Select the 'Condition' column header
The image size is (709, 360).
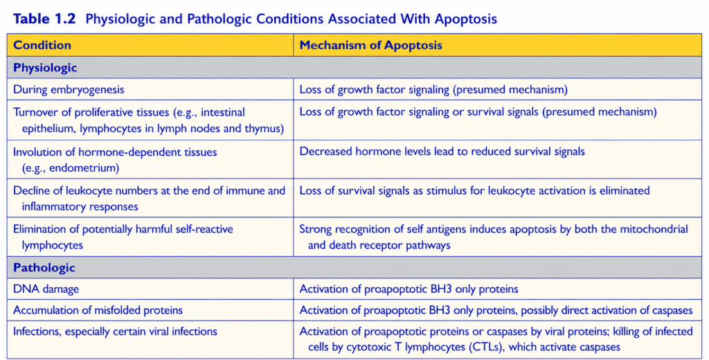pyautogui.click(x=42, y=45)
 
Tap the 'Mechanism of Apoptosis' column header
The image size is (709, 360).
pyautogui.click(x=371, y=45)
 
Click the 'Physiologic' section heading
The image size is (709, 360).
pyautogui.click(x=45, y=68)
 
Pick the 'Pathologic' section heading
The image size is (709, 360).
pyautogui.click(x=44, y=268)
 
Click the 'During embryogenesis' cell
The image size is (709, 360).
pyautogui.click(x=69, y=89)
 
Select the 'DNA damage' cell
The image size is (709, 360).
pyautogui.click(x=46, y=289)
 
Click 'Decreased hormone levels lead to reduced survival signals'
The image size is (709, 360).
pyautogui.click(x=442, y=152)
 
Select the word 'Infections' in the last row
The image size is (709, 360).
pyautogui.click(x=37, y=332)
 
